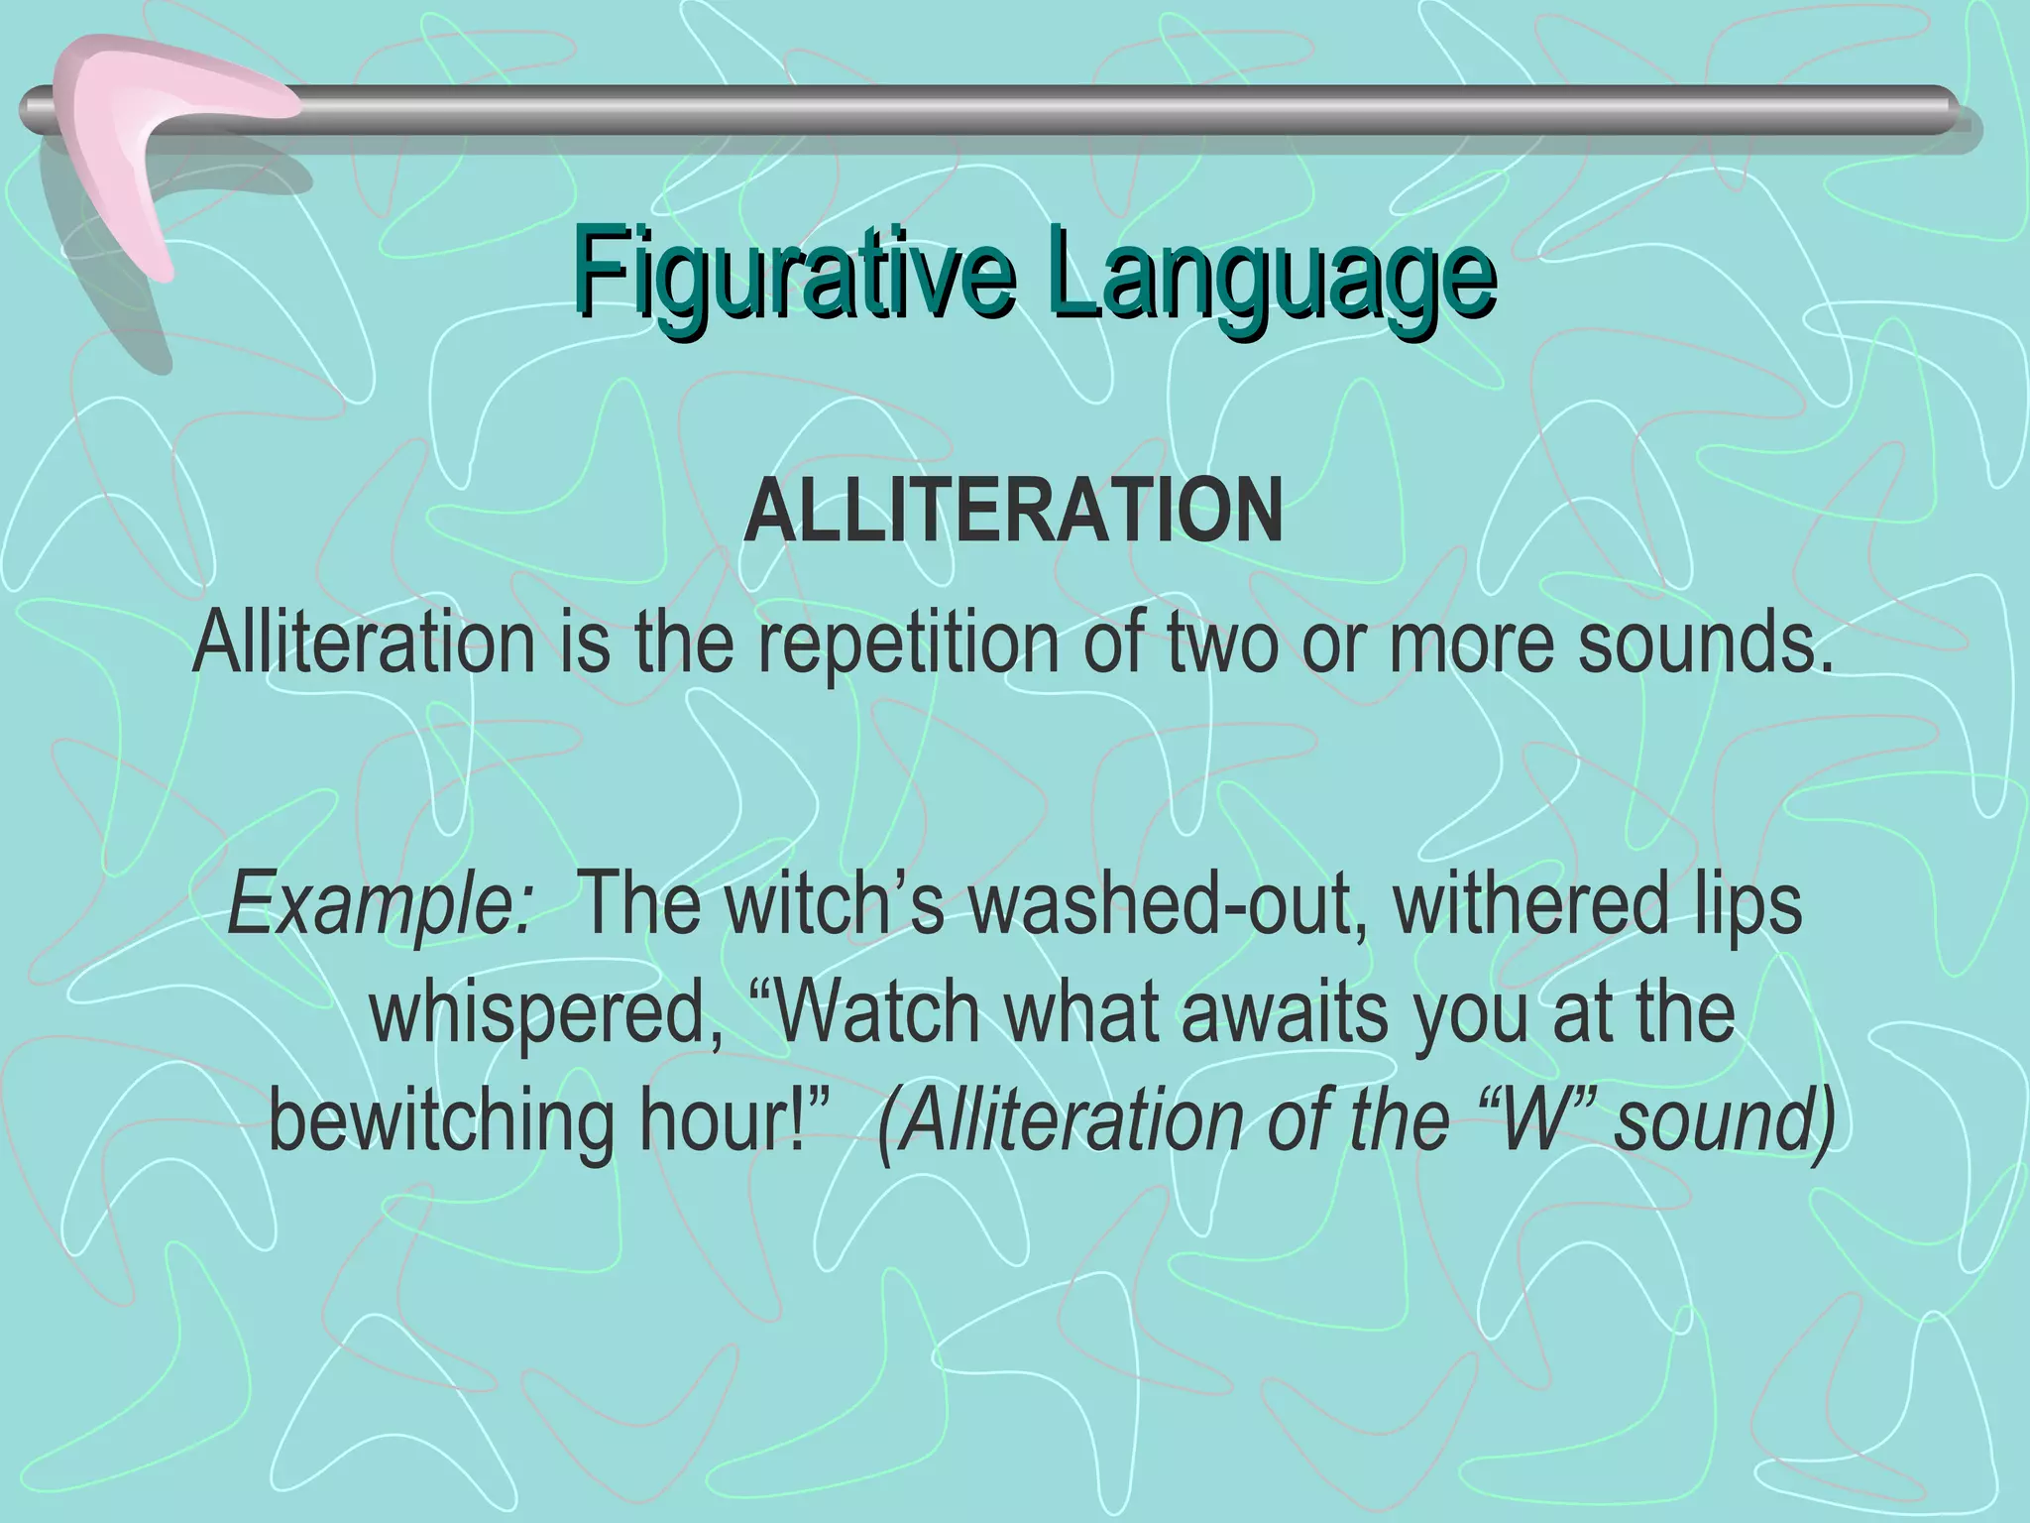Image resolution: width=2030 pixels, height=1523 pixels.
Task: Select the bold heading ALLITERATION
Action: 1013,514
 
